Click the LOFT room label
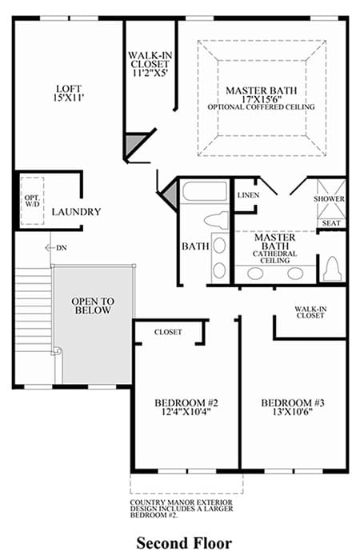(x=69, y=88)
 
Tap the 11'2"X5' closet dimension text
(x=149, y=74)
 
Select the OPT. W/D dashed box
(x=32, y=201)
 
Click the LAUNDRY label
(x=76, y=212)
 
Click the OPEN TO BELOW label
(x=93, y=306)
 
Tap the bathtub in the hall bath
(x=205, y=191)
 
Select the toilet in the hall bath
(x=217, y=220)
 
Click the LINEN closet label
(x=248, y=195)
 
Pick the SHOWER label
(x=329, y=199)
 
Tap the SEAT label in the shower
(x=331, y=223)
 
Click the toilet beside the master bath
(x=332, y=268)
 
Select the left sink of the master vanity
(x=255, y=274)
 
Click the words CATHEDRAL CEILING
(x=274, y=257)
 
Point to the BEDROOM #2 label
(x=186, y=403)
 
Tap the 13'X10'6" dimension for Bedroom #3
(x=293, y=412)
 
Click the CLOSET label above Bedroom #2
(x=168, y=332)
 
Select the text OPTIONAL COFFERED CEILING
(x=261, y=107)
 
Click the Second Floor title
(x=184, y=543)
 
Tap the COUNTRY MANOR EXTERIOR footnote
(x=182, y=509)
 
